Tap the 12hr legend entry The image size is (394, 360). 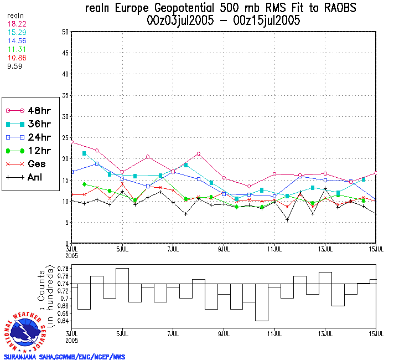click(31, 150)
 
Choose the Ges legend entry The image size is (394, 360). click(31, 164)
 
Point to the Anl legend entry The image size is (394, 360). click(31, 178)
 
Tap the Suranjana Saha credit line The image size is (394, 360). click(64, 356)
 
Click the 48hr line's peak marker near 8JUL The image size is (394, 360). click(199, 153)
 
